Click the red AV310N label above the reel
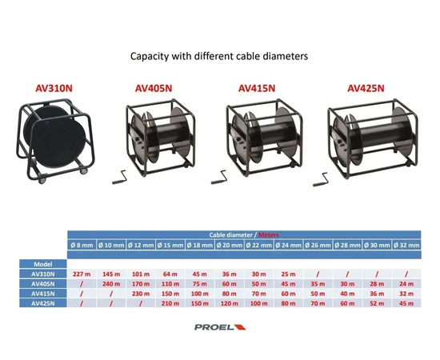tap(54, 88)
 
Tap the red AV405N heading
tap(154, 88)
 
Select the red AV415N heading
tap(257, 88)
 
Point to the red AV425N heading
tap(366, 88)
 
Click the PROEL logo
tap(220, 327)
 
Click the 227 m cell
tap(82, 274)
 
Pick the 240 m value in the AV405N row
tap(111, 284)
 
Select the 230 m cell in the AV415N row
tap(141, 294)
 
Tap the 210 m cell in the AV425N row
tap(170, 304)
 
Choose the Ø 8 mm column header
tap(82, 246)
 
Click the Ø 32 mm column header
tap(406, 246)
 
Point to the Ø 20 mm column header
tap(230, 246)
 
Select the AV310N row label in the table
tap(43, 274)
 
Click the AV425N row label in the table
tap(43, 304)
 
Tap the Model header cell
tap(43, 264)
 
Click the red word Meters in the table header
tap(269, 235)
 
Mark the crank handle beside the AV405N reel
tap(118, 178)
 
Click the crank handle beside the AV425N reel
tap(320, 180)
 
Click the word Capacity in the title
tap(150, 56)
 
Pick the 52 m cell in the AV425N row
tap(377, 304)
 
